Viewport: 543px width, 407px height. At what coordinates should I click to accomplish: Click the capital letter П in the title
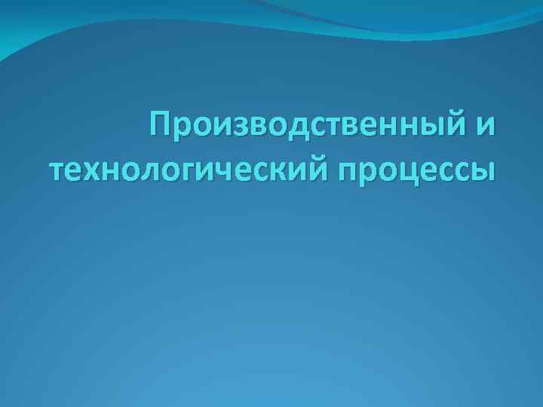(161, 123)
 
